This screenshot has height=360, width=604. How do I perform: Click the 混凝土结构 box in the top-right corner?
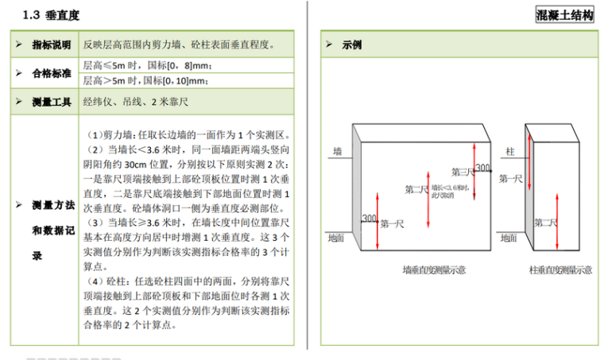point(565,16)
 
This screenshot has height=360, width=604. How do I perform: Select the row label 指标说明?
point(50,45)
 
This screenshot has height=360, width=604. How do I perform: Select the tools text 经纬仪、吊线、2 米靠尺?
point(134,102)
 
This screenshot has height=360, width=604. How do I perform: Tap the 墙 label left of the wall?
point(337,151)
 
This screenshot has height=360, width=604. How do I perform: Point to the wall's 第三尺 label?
point(462,172)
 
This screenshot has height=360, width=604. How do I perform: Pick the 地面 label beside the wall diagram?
point(336,237)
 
